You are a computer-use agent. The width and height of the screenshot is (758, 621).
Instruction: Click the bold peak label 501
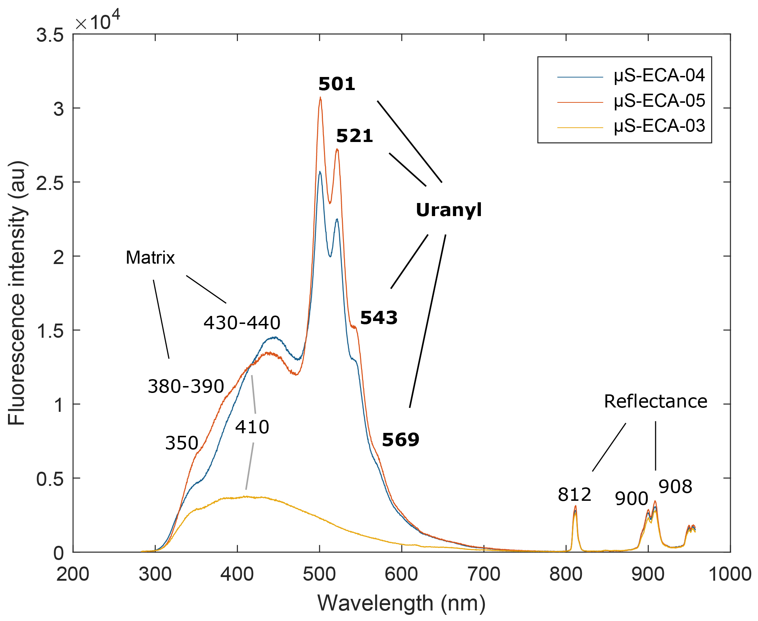point(337,84)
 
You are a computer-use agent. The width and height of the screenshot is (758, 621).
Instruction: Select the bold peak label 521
point(354,136)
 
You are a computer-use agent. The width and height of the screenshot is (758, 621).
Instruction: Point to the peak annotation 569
point(401,439)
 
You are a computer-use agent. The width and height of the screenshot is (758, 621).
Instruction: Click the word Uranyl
point(449,210)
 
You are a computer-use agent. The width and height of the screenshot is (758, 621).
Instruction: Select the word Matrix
point(150,257)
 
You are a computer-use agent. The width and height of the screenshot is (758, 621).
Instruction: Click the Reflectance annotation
point(656,401)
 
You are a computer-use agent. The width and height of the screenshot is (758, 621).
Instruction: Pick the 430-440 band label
point(242,322)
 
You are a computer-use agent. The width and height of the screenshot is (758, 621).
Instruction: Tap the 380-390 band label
point(186,386)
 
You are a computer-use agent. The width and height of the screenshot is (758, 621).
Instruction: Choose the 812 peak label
point(575,494)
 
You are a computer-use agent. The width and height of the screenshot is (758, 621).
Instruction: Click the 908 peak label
point(675,486)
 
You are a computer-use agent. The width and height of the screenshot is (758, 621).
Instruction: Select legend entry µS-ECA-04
point(659,76)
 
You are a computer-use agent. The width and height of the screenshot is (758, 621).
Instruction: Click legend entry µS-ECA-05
point(659,101)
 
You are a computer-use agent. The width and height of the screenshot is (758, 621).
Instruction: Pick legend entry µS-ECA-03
point(659,126)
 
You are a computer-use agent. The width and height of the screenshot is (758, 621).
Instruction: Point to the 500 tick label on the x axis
point(319,574)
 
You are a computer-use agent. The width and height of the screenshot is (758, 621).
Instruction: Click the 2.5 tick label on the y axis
point(50,183)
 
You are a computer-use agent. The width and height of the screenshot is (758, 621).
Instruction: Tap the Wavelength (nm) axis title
point(401,603)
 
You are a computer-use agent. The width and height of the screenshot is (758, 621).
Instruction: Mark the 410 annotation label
point(252,427)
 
